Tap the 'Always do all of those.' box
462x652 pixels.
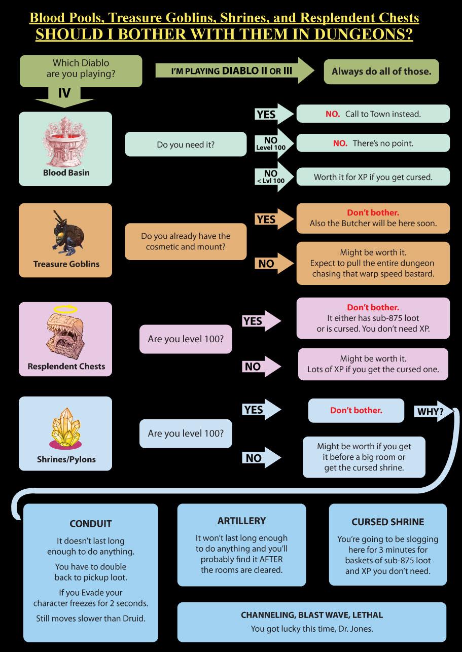tap(381, 71)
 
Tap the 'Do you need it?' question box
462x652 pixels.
tap(185, 144)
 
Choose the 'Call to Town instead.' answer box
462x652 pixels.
tap(373, 114)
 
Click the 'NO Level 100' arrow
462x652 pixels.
tap(273, 143)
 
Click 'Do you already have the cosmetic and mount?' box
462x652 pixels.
tap(185, 241)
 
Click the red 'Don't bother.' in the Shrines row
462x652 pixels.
tap(356, 410)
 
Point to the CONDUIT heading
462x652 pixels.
tap(90, 524)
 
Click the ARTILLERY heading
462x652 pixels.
tap(241, 521)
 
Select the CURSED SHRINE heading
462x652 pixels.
tap(387, 522)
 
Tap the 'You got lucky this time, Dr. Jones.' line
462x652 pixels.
tap(312, 629)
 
